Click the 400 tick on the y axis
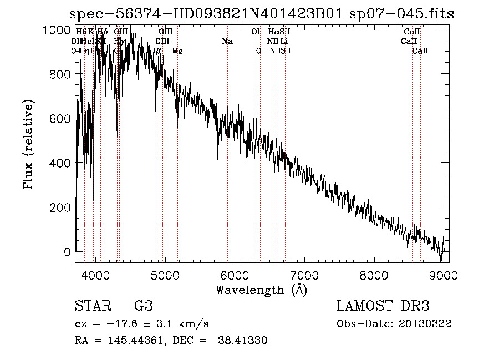75,163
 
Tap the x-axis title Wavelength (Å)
261,289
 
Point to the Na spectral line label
227,41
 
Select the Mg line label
177,50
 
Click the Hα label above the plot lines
273,32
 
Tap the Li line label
284,41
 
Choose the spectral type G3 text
144,306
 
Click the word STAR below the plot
93,306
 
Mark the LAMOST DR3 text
383,306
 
